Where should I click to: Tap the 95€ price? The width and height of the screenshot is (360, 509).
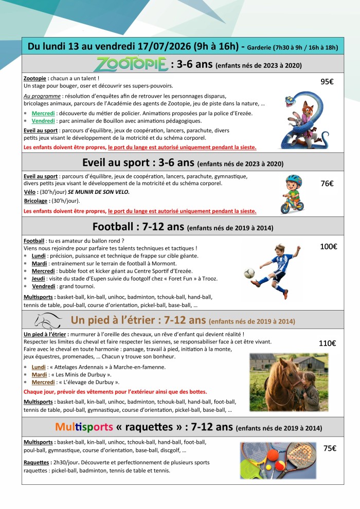coord(328,81)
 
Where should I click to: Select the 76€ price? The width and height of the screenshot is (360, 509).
coord(328,183)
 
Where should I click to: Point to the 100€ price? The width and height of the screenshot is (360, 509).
coord(328,246)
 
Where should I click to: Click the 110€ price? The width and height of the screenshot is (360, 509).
coord(328,343)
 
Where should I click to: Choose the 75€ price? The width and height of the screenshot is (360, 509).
coord(330,448)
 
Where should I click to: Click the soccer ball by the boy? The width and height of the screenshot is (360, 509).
coord(249,273)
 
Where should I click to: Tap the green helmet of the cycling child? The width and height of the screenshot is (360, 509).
coord(293,179)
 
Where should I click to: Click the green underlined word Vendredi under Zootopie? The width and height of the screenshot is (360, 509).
coord(43,121)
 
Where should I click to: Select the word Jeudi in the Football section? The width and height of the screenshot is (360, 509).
coord(39,279)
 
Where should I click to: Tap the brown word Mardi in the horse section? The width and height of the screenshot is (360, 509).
coord(39,375)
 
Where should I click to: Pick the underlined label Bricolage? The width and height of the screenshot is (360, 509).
coord(35,201)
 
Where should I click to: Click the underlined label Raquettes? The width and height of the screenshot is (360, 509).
coord(37,462)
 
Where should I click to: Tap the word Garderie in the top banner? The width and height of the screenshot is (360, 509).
coord(263,47)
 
